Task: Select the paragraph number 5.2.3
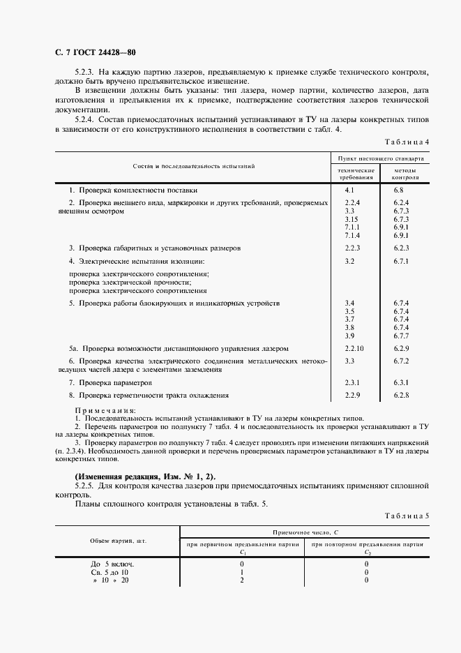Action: tap(84, 72)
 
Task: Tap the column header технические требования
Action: tap(356, 174)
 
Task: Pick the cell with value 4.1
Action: tap(350, 190)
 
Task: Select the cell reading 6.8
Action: tap(398, 190)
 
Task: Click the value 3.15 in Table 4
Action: tap(352, 219)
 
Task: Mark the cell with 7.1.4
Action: tap(352, 236)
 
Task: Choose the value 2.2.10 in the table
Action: tap(354, 347)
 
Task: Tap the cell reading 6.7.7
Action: tap(400, 336)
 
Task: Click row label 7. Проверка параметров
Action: tap(110, 383)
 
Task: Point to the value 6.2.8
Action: tap(400, 396)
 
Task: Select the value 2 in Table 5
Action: tap(241, 580)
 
